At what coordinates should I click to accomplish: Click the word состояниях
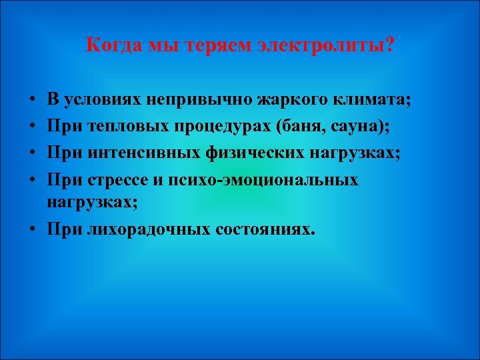tap(265, 229)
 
